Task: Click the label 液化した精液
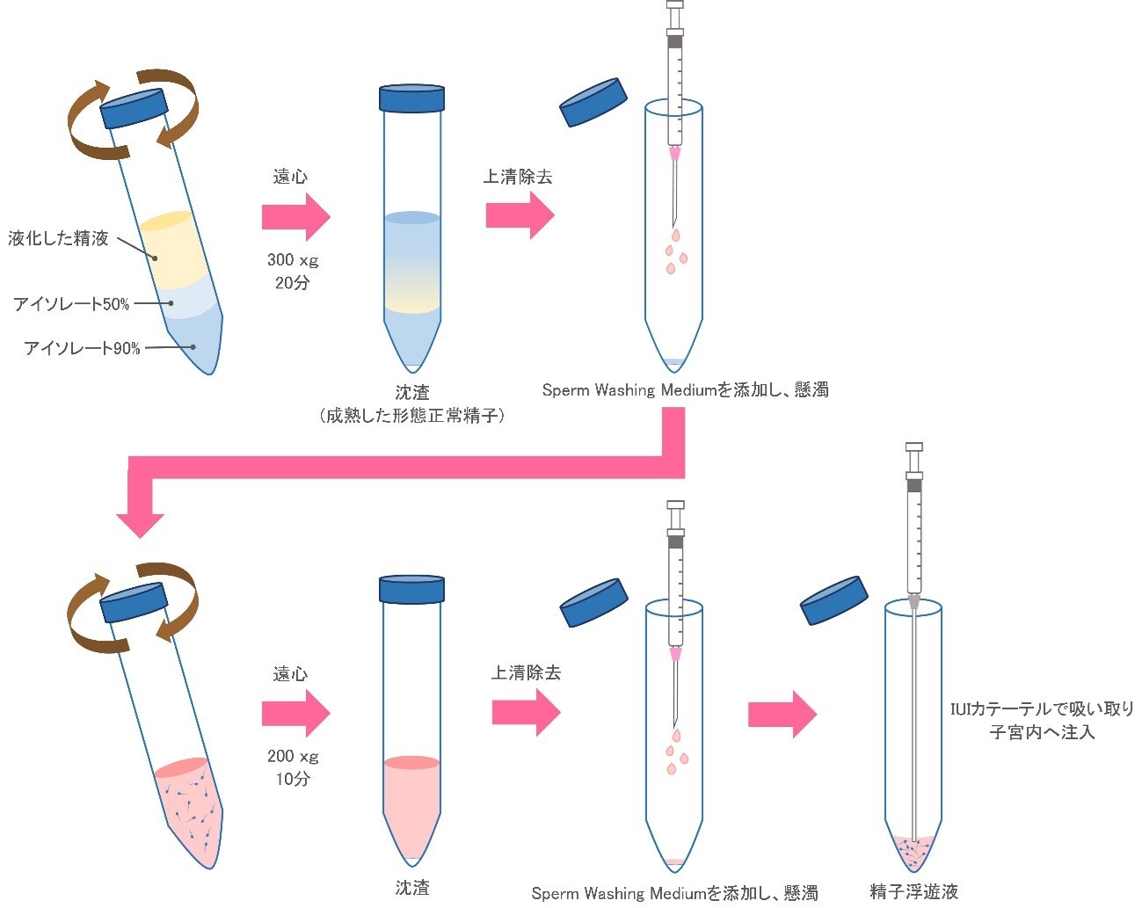click(59, 238)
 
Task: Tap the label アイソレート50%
click(71, 304)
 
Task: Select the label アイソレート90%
click(82, 348)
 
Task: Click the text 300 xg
click(292, 260)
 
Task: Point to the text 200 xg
click(292, 756)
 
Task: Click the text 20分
click(292, 283)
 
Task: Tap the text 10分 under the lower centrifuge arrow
click(292, 779)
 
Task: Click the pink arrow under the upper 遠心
click(295, 216)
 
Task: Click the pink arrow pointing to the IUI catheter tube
click(782, 714)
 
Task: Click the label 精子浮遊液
click(913, 892)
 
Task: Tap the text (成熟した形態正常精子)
click(411, 416)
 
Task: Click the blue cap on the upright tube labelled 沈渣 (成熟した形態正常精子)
click(411, 98)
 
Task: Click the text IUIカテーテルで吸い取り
click(1042, 708)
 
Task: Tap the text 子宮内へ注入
click(1042, 732)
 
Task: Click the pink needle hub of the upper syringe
click(675, 154)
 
